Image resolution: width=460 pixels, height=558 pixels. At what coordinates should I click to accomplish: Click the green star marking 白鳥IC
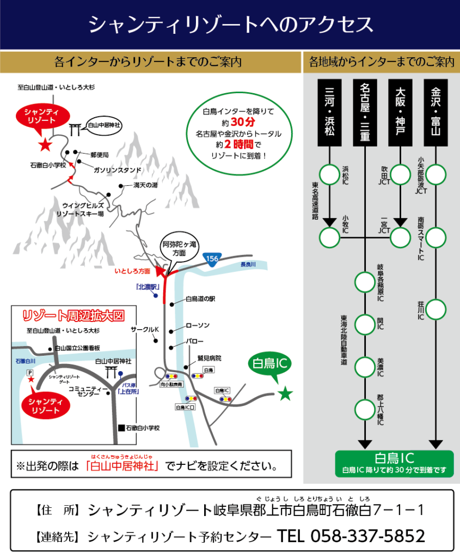284,394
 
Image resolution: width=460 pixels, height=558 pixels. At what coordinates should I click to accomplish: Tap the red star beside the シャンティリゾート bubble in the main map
45,145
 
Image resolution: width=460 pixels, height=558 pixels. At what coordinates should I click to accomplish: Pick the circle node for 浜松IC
329,174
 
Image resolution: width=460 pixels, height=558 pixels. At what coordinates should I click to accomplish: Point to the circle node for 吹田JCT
400,174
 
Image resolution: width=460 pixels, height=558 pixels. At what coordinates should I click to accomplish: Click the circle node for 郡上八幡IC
365,408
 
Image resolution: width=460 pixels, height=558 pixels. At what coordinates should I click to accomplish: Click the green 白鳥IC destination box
394,463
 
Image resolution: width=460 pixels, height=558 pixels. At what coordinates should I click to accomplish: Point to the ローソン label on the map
197,325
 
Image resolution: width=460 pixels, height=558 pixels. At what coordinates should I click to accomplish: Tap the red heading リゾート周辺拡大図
73,316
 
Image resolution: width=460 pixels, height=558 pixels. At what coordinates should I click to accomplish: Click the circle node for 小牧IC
329,237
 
